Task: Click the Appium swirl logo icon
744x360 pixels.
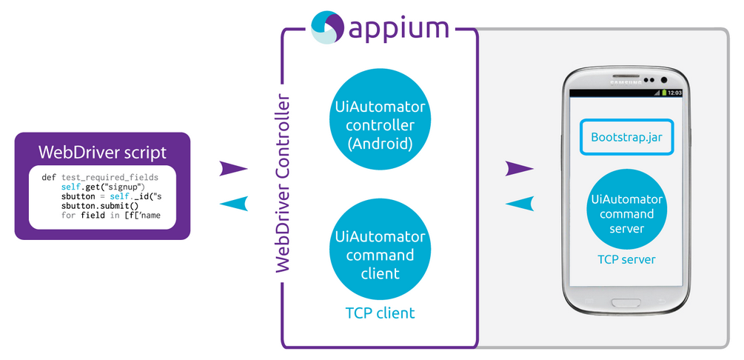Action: click(326, 27)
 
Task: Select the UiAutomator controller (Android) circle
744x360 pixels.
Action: click(380, 125)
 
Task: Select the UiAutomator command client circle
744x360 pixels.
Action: click(380, 255)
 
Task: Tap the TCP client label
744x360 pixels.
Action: click(380, 313)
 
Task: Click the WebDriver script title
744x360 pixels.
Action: click(102, 153)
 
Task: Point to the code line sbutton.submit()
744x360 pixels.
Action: click(100, 206)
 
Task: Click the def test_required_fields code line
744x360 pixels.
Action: click(101, 178)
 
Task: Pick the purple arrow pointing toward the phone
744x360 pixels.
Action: click(519, 169)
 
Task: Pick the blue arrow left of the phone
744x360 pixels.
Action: click(519, 203)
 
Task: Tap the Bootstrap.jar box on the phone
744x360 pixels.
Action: click(627, 137)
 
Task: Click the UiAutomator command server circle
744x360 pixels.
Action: click(627, 213)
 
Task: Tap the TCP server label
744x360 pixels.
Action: click(627, 259)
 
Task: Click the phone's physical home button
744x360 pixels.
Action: click(627, 302)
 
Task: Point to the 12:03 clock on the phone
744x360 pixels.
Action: click(674, 93)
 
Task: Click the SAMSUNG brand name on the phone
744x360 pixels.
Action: click(626, 81)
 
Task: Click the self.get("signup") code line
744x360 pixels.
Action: click(102, 187)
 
